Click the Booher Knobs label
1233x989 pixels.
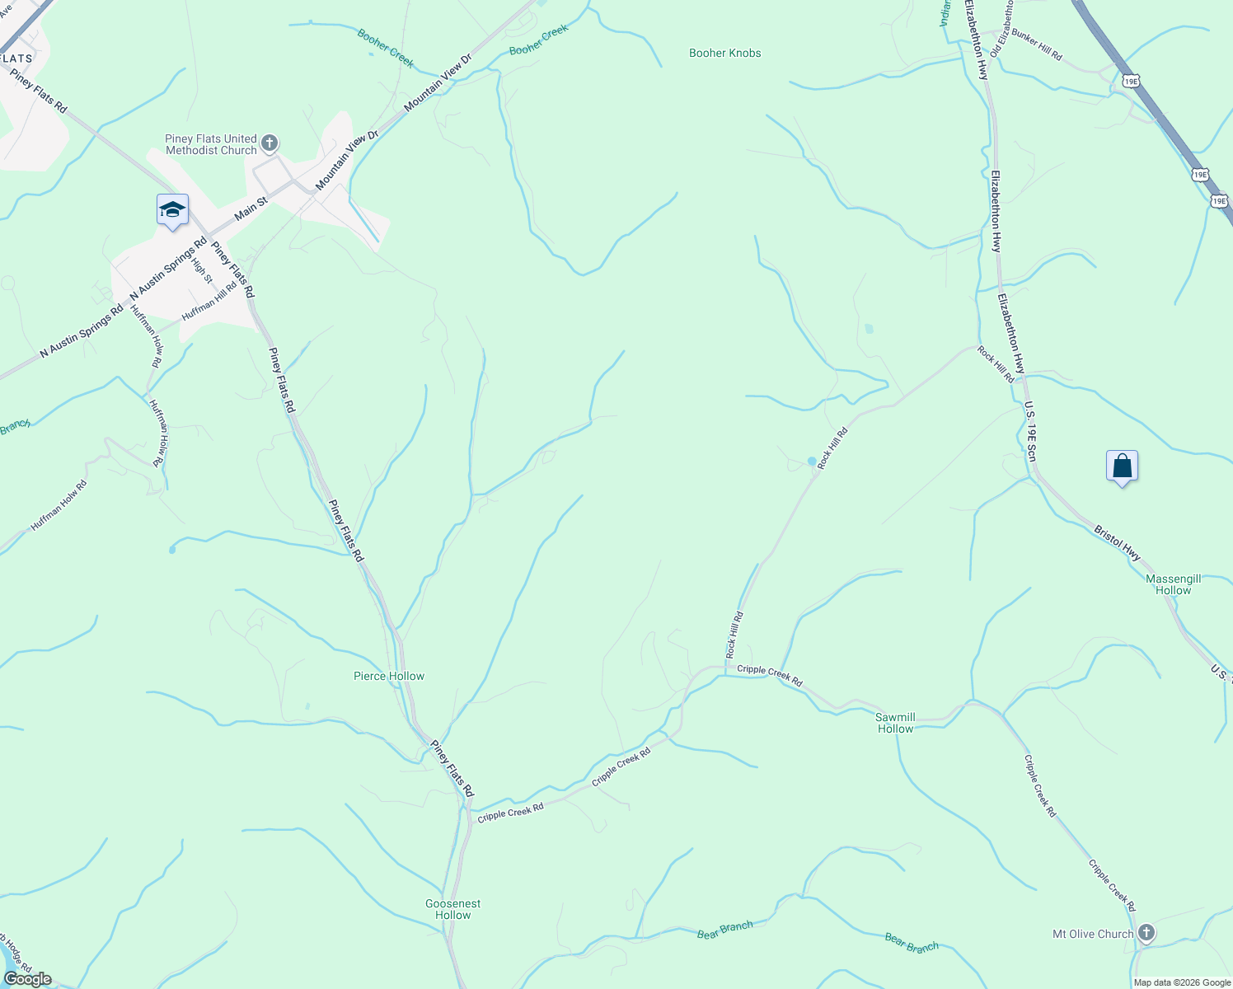[724, 53]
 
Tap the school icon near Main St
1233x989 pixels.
[172, 210]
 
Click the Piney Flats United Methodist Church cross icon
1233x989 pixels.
[270, 144]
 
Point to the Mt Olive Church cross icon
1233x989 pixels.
[1146, 933]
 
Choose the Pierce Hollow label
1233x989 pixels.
[389, 676]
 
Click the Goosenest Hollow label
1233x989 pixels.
[452, 909]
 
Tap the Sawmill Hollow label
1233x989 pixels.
[895, 723]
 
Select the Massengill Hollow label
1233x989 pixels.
[1173, 584]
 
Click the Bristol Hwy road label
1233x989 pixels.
[1118, 543]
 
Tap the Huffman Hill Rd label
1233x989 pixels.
[209, 301]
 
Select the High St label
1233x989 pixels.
[201, 271]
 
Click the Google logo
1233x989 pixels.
[27, 979]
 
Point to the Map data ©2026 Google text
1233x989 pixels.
[1182, 982]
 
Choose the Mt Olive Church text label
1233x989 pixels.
[1093, 934]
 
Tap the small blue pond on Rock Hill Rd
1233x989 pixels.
[812, 461]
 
